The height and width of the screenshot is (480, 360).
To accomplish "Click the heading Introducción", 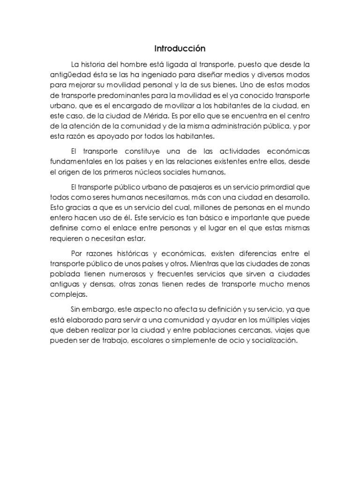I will [180, 48].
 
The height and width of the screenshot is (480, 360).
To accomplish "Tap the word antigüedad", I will [69, 75].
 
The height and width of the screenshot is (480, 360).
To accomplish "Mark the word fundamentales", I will [75, 162].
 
